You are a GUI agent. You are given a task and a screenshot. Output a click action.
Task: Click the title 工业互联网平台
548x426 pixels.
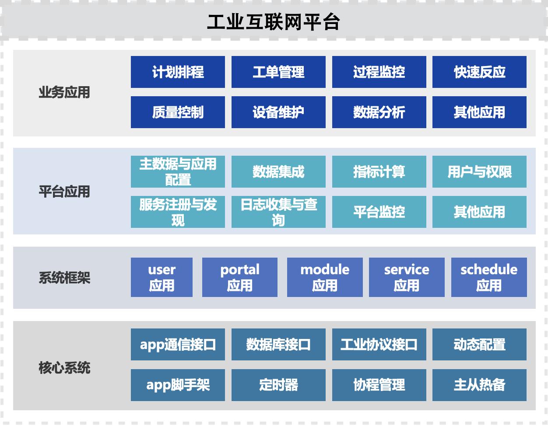[x=274, y=22]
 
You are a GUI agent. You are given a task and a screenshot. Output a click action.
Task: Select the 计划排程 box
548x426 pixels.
[x=178, y=72]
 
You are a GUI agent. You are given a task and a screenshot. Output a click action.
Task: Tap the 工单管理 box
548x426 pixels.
[x=278, y=72]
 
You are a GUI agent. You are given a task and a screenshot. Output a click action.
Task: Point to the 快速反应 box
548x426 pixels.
[x=479, y=72]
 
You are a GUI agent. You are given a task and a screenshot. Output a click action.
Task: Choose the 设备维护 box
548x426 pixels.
[x=278, y=112]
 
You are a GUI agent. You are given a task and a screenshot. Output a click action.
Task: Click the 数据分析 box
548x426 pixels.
[x=379, y=112]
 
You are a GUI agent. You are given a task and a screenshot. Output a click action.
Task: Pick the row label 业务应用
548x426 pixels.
[x=64, y=92]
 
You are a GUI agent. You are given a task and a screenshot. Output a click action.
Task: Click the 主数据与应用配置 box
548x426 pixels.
[x=178, y=171]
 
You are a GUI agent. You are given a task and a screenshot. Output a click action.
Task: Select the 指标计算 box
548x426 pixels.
[x=379, y=171]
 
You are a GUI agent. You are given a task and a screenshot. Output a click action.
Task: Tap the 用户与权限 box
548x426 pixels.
[x=479, y=171]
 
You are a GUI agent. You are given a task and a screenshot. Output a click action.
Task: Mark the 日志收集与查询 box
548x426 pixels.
[x=278, y=212]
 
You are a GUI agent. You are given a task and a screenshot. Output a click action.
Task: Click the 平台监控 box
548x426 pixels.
[x=379, y=212]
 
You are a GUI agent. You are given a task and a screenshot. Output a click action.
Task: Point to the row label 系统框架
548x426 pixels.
[x=64, y=278]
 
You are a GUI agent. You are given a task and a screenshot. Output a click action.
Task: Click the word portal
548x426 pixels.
[x=240, y=270]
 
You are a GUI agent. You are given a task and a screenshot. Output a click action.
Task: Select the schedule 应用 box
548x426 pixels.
[x=489, y=277]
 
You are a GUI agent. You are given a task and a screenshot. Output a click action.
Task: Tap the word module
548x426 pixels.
[x=325, y=269]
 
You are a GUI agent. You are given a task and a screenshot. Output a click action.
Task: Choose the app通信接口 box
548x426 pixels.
[x=178, y=344]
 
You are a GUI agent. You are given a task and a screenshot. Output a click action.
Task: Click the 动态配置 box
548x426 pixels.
[x=479, y=344]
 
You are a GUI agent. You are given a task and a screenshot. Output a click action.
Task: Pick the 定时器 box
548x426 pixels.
[x=278, y=385]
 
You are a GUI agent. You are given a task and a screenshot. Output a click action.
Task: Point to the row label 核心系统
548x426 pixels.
[x=64, y=367]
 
